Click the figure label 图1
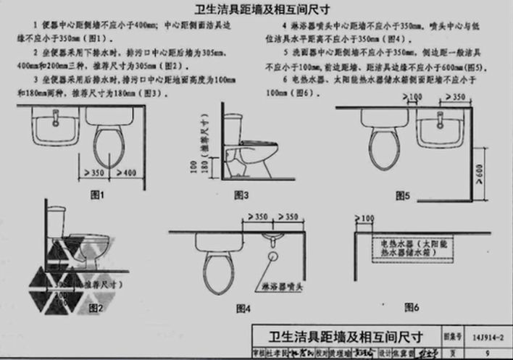[97, 195]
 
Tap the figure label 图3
[241, 195]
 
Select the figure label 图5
[403, 195]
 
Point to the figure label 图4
[243, 309]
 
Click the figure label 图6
[411, 307]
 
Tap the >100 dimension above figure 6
[367, 217]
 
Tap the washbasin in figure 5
[437, 130]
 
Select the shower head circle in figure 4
[274, 255]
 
